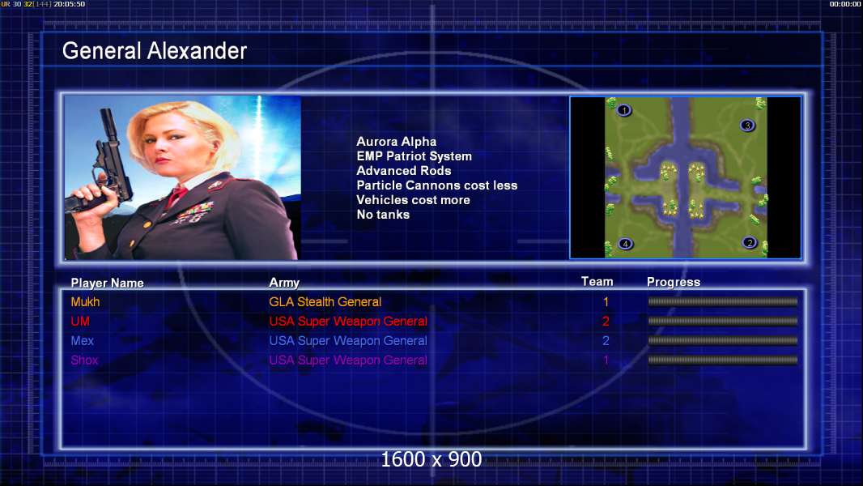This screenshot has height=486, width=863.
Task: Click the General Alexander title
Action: click(x=154, y=51)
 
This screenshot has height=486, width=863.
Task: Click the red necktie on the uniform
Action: click(x=176, y=195)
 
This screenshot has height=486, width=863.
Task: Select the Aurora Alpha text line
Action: click(x=396, y=142)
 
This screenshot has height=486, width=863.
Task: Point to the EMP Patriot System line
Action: click(x=414, y=156)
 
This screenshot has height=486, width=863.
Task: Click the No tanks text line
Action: click(x=383, y=215)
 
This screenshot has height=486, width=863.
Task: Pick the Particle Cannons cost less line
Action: click(x=437, y=185)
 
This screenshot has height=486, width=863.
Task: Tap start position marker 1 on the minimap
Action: click(x=623, y=111)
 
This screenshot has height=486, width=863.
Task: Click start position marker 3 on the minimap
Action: click(x=747, y=126)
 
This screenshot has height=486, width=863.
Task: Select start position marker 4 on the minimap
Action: click(x=625, y=244)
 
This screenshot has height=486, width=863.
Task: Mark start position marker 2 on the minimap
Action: click(x=749, y=243)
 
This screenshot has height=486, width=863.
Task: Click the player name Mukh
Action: click(x=85, y=301)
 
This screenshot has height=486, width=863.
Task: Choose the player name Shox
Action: click(x=84, y=360)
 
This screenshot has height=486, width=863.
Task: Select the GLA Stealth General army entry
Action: click(x=325, y=301)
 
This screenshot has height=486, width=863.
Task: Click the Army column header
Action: click(x=284, y=283)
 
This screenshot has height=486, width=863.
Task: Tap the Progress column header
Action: click(x=673, y=282)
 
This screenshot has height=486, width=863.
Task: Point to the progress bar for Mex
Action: click(x=723, y=341)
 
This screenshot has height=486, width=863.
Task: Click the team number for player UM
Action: click(x=606, y=322)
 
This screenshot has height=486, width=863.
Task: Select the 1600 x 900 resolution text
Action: click(x=431, y=459)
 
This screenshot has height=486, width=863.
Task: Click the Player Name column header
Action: click(x=108, y=283)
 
